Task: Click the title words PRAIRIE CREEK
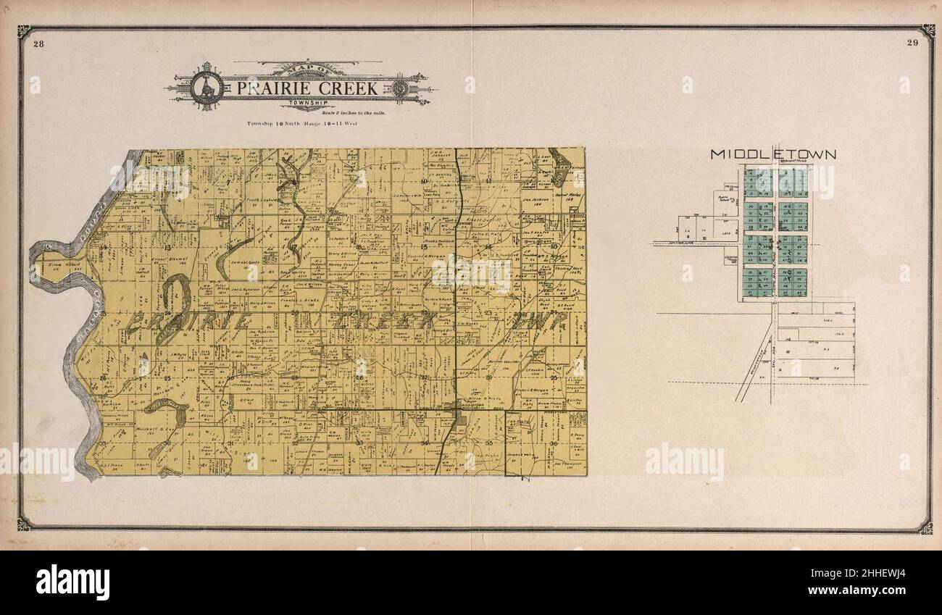pos(307,88)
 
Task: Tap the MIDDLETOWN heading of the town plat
pos(773,154)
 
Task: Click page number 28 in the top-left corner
pos(38,43)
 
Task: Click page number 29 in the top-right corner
pos(912,43)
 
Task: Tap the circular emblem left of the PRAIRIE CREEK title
pos(206,88)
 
